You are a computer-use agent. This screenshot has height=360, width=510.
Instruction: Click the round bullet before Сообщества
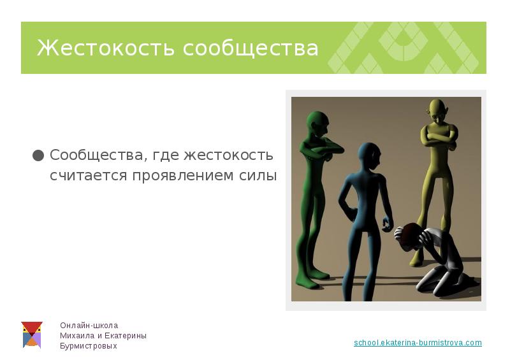(x=38, y=155)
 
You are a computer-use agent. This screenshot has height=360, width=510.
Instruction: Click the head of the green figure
(x=317, y=122)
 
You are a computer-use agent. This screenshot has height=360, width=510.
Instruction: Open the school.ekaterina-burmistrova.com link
(x=418, y=343)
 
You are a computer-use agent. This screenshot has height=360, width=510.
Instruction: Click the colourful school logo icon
(x=31, y=335)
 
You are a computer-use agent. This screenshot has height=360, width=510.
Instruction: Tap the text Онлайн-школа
(x=89, y=325)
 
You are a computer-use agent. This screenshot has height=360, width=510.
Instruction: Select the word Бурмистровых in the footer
(x=89, y=346)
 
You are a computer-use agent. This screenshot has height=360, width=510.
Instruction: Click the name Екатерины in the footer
(x=126, y=336)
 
